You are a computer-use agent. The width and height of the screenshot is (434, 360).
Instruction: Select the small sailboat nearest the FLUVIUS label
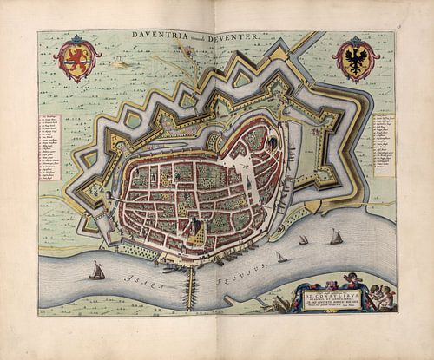pyautogui.click(x=279, y=256)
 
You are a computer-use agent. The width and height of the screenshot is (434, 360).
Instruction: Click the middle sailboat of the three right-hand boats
pyautogui.click(x=303, y=240)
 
